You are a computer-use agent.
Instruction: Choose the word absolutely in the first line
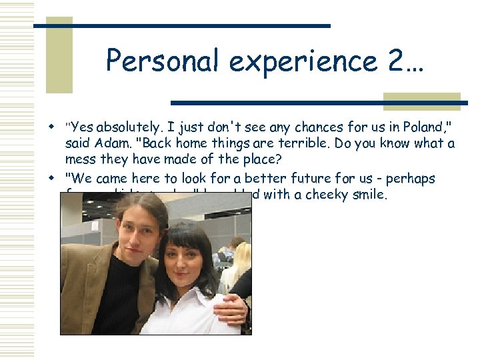pos(127,127)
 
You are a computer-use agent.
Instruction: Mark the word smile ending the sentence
pos(370,195)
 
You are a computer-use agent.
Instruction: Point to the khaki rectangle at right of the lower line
pos(421,101)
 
